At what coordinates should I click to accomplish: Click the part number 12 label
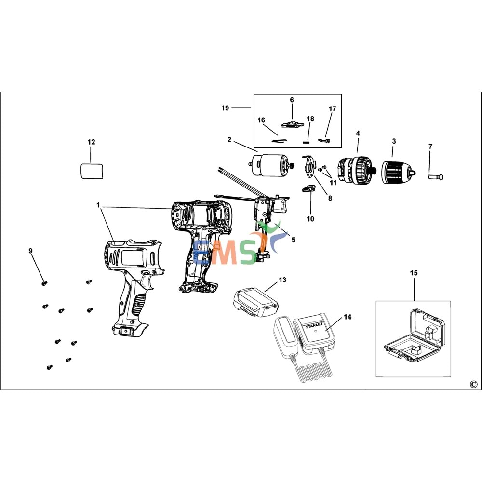coord(91,142)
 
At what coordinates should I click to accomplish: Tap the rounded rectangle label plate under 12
coord(92,171)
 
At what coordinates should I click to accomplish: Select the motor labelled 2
coord(271,165)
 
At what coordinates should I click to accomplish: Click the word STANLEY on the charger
coord(314,325)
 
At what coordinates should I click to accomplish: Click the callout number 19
coord(225,108)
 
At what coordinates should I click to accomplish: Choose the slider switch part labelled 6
coord(292,124)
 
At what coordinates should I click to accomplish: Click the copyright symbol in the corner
coord(473,384)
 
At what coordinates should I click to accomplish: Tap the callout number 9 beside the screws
coord(30,251)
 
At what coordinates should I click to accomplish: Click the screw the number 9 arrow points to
coord(44,283)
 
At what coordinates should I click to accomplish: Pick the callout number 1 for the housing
coord(98,205)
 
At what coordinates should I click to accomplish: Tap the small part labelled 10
coord(308,189)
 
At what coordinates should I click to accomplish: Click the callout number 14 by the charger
coord(348,317)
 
